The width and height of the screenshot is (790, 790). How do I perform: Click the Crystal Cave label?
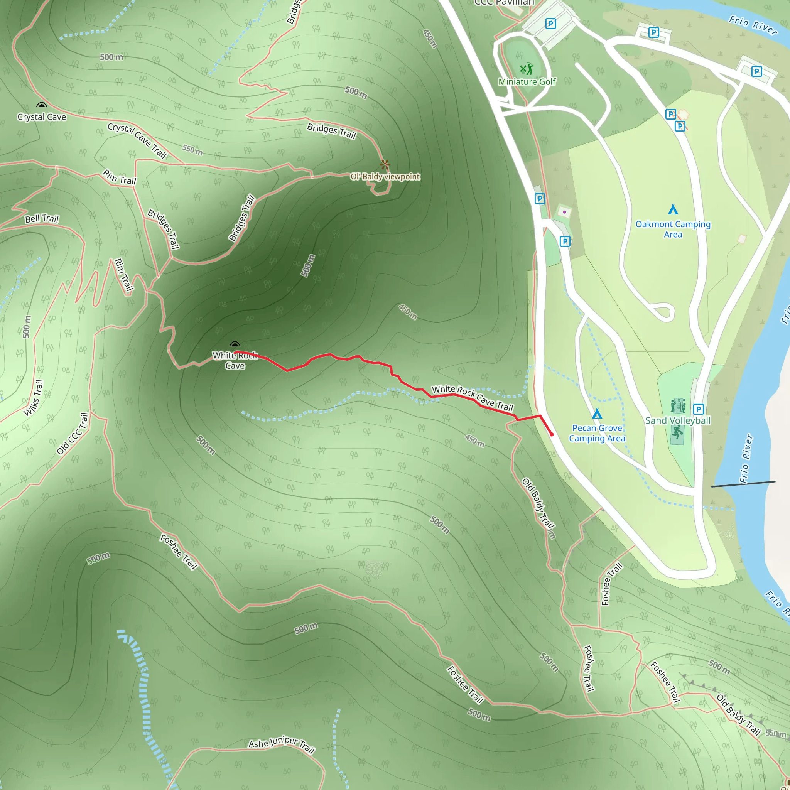click(x=42, y=117)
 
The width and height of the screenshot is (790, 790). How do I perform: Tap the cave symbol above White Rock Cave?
click(x=235, y=345)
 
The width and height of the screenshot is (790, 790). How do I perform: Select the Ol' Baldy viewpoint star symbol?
click(x=384, y=165)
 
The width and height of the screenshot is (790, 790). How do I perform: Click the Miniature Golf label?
click(x=527, y=82)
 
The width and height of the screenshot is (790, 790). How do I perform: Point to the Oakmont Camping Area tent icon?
click(x=673, y=209)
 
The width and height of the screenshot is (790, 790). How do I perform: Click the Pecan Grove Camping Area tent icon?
click(x=597, y=414)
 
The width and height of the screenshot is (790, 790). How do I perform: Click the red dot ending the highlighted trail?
click(x=552, y=435)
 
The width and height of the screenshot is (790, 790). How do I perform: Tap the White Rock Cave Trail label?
click(x=472, y=398)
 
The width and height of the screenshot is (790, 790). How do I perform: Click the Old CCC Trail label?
click(x=73, y=434)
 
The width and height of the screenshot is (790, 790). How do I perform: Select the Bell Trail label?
click(x=42, y=219)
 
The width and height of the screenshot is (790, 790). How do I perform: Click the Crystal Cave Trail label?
click(x=137, y=140)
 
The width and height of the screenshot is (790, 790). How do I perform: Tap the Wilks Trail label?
click(x=34, y=397)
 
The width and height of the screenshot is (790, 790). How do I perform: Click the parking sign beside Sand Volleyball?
click(x=699, y=409)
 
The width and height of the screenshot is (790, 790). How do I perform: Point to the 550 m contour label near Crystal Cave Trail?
click(x=192, y=150)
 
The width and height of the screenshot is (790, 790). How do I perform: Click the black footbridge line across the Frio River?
click(x=743, y=484)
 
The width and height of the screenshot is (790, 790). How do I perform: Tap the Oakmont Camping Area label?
click(x=673, y=229)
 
